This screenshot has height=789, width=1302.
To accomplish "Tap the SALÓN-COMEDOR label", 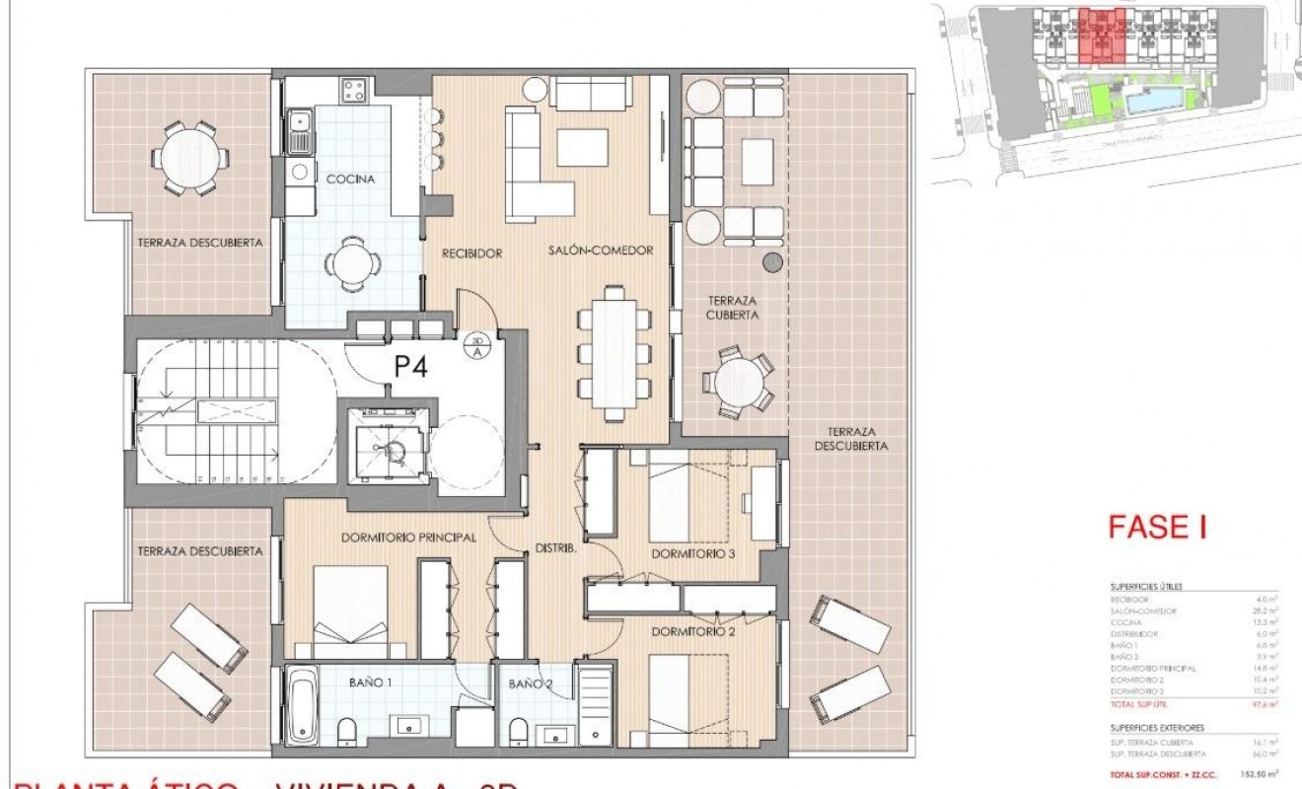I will click(x=601, y=251).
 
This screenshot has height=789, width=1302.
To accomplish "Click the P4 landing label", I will click(x=412, y=367).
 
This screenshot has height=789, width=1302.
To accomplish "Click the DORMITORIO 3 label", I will click(x=693, y=554).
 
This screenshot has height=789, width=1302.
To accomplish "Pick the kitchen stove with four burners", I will click(x=354, y=92).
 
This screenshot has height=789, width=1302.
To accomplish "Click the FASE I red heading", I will click(x=1158, y=528).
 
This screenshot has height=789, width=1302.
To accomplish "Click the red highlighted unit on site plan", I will click(x=1098, y=35).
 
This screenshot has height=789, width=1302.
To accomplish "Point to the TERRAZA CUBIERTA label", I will click(x=731, y=308).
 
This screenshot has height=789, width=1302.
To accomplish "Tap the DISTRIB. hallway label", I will click(x=554, y=548).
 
